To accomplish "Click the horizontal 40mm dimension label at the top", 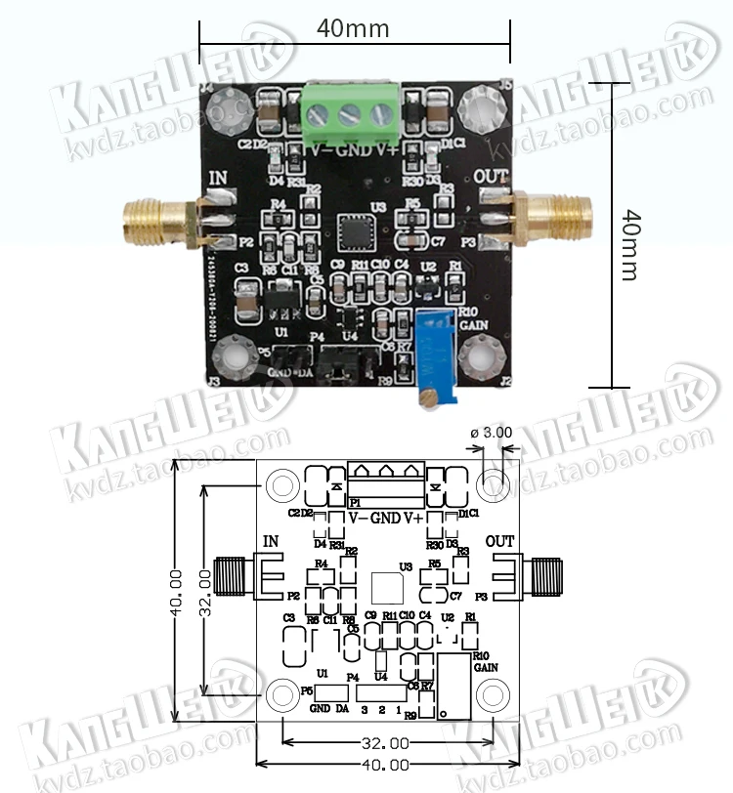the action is coord(353,29).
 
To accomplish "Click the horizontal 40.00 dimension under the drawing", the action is coord(387,765).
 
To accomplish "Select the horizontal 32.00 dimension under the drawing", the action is coord(387,743).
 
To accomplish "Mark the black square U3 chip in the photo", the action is coord(353,232).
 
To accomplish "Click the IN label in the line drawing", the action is coord(272,541).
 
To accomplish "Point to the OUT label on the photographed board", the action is coord(492,179).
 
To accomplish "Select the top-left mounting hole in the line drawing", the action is coord(282,482).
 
